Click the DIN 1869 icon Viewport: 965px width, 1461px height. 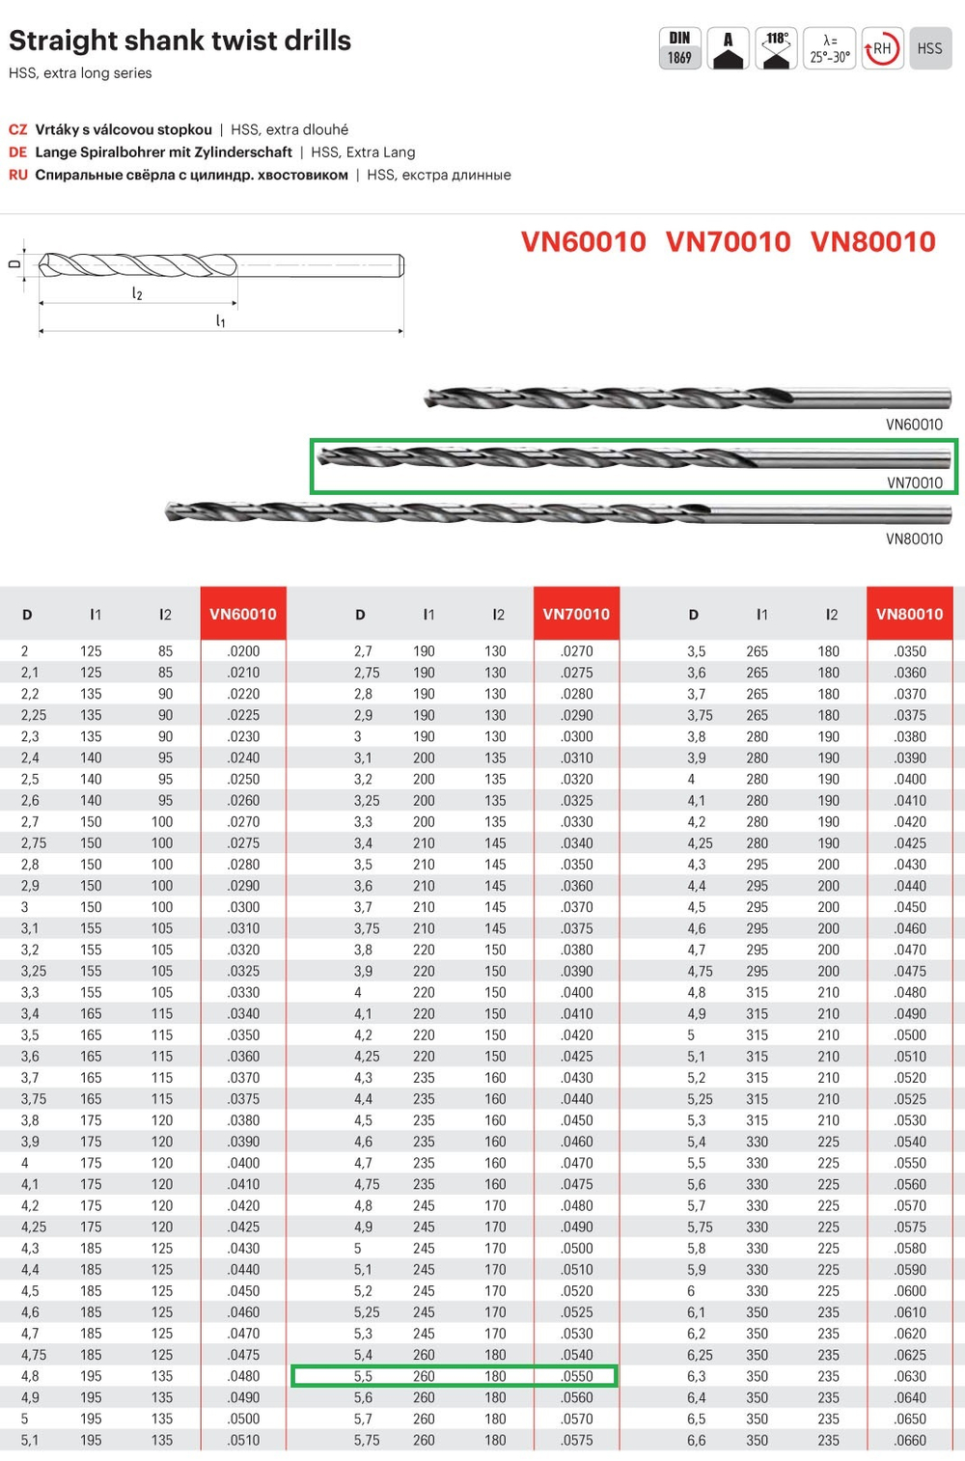(679, 48)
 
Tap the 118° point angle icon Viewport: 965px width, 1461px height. (776, 48)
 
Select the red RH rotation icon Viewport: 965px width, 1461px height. (881, 48)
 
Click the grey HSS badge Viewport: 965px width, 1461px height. (929, 48)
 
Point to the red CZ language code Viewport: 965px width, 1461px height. (17, 129)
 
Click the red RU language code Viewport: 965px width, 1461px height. (17, 175)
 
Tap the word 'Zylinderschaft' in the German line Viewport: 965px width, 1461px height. (246, 152)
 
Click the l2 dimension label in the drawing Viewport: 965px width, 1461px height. (137, 293)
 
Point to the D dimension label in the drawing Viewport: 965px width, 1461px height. (14, 262)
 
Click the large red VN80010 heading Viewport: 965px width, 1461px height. (872, 241)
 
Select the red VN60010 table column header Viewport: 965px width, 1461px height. (243, 614)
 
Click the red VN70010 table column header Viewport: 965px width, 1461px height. (576, 614)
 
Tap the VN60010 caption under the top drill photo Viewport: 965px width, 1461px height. (914, 425)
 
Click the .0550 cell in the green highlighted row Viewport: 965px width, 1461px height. (576, 1376)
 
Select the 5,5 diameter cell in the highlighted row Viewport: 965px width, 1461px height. (363, 1376)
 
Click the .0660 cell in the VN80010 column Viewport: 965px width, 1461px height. (910, 1440)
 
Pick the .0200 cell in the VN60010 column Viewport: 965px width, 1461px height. (243, 651)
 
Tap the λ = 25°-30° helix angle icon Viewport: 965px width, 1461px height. (829, 48)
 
